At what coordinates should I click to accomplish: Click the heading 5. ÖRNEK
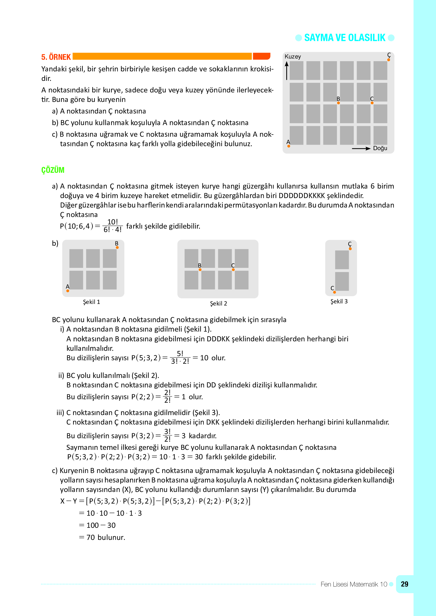[56, 57]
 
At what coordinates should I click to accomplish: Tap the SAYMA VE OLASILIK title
[345, 38]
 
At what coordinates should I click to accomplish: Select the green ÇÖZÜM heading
[53, 170]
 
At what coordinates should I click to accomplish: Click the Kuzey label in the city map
[293, 57]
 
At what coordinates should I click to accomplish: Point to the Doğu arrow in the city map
[361, 148]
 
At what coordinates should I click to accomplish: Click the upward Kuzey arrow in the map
[287, 71]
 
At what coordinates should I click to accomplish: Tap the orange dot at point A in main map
[289, 146]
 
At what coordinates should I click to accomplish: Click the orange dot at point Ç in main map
[389, 60]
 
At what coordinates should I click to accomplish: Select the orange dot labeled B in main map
[338, 103]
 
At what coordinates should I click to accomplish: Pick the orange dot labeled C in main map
[372, 103]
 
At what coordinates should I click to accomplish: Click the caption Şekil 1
[91, 302]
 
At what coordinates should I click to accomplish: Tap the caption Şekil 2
[218, 303]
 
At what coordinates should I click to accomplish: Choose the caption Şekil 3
[339, 301]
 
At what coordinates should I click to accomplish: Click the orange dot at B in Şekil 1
[117, 247]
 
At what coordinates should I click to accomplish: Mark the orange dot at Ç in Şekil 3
[350, 249]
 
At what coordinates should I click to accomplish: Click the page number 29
[404, 584]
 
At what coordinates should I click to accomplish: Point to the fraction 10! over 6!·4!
[113, 226]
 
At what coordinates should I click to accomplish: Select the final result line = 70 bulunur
[102, 538]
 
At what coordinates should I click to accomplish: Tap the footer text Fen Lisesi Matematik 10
[353, 584]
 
